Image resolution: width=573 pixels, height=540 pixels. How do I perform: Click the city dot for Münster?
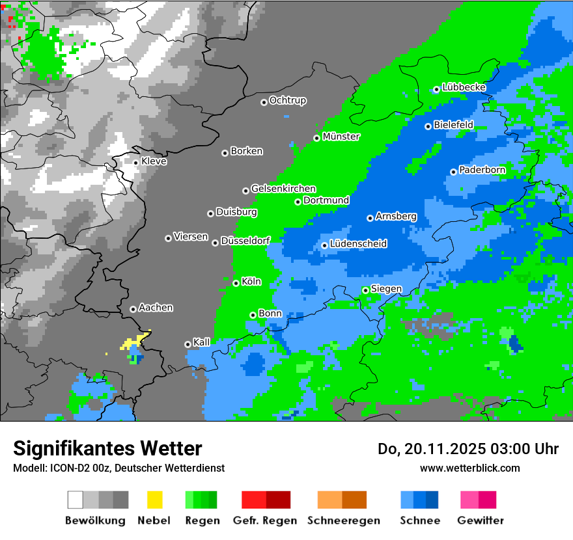click(x=317, y=138)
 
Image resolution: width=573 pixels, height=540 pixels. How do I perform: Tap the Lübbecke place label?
click(x=464, y=87)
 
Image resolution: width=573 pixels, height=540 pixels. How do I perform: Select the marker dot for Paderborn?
click(x=453, y=172)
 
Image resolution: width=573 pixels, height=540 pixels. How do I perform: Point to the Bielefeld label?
click(x=453, y=125)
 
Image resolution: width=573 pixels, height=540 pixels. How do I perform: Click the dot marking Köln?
click(x=236, y=283)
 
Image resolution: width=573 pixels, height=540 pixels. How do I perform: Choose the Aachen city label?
click(x=156, y=308)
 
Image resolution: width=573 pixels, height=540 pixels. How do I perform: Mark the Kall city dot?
click(x=188, y=344)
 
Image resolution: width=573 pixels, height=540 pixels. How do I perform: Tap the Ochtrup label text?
click(x=287, y=101)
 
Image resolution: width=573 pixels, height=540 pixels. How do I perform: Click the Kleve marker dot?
click(x=135, y=163)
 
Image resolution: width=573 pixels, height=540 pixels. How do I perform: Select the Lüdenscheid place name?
click(x=358, y=244)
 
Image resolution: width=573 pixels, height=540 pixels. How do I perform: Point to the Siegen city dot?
click(x=365, y=290)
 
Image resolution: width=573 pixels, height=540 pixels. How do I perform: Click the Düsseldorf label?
click(x=245, y=241)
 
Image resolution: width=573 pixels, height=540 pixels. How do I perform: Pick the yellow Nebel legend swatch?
click(x=154, y=500)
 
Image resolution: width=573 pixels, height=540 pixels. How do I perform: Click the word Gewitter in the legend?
click(x=481, y=520)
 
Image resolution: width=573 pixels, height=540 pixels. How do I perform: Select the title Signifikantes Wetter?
click(x=107, y=448)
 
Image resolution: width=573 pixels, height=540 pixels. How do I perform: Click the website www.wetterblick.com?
click(x=470, y=468)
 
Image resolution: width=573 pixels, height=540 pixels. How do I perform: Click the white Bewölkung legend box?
click(x=76, y=500)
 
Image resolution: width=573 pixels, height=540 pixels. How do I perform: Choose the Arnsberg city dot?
click(x=370, y=218)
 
